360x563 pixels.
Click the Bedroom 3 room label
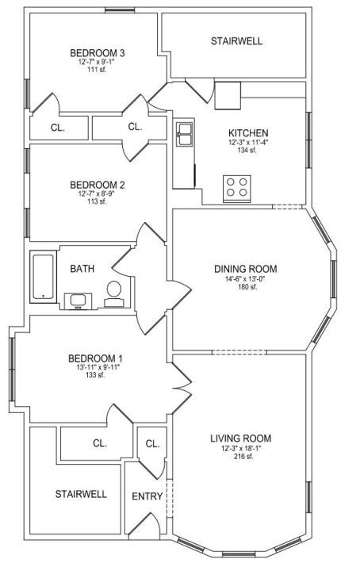[98, 53]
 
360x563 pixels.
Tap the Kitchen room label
[248, 133]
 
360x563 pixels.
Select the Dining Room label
[246, 269]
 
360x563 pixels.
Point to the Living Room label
[240, 439]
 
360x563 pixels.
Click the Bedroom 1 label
[95, 358]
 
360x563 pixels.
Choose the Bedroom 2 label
[98, 186]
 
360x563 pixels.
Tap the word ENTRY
[147, 496]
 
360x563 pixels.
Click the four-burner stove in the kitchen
[237, 189]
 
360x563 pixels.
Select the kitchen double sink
[186, 133]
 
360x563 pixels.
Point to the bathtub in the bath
[43, 277]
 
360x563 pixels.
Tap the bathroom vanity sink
[78, 301]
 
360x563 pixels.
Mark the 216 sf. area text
[243, 457]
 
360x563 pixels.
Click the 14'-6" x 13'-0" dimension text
[246, 279]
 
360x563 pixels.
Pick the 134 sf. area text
[247, 150]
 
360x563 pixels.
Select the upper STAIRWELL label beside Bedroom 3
[236, 41]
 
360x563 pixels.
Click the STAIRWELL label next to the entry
[81, 494]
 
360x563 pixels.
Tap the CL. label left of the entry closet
[100, 443]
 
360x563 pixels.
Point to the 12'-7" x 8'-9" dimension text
[97, 194]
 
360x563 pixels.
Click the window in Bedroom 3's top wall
[120, 10]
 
